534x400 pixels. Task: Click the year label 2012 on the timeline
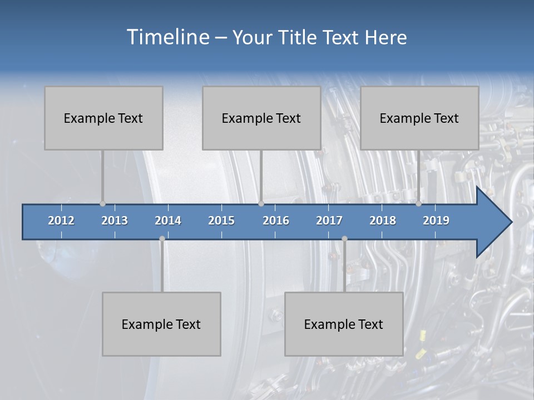pyautogui.click(x=61, y=221)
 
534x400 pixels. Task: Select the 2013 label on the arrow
pyautogui.click(x=115, y=221)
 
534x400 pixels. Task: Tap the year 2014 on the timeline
pyautogui.click(x=168, y=221)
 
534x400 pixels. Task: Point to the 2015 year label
pyautogui.click(x=221, y=221)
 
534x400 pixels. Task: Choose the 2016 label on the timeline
pyautogui.click(x=276, y=221)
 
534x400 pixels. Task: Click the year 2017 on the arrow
pyautogui.click(x=329, y=221)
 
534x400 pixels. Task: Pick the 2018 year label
pyautogui.click(x=383, y=221)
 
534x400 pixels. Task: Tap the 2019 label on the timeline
pyautogui.click(x=436, y=221)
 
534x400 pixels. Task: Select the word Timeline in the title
pyautogui.click(x=167, y=37)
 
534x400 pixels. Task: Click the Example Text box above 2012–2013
pyautogui.click(x=103, y=118)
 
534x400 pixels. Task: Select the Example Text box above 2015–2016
pyautogui.click(x=261, y=118)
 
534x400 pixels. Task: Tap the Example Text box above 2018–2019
pyautogui.click(x=419, y=118)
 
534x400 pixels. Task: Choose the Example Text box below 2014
pyautogui.click(x=161, y=324)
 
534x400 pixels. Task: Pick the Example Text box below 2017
pyautogui.click(x=344, y=324)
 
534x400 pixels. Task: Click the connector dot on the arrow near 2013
pyautogui.click(x=102, y=203)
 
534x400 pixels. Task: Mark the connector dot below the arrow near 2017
pyautogui.click(x=344, y=239)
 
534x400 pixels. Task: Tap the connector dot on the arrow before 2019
pyautogui.click(x=418, y=203)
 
